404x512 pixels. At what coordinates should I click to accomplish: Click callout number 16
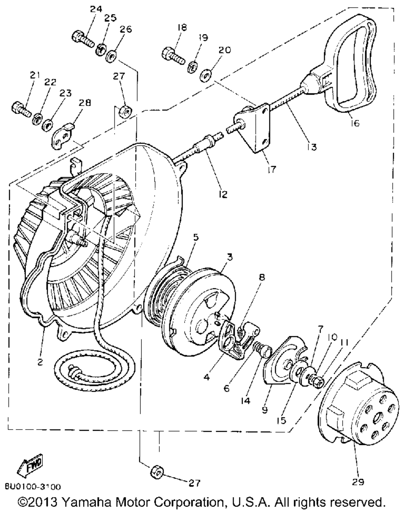355,123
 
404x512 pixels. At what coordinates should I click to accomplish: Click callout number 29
358,482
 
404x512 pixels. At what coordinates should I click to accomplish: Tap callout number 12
223,194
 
